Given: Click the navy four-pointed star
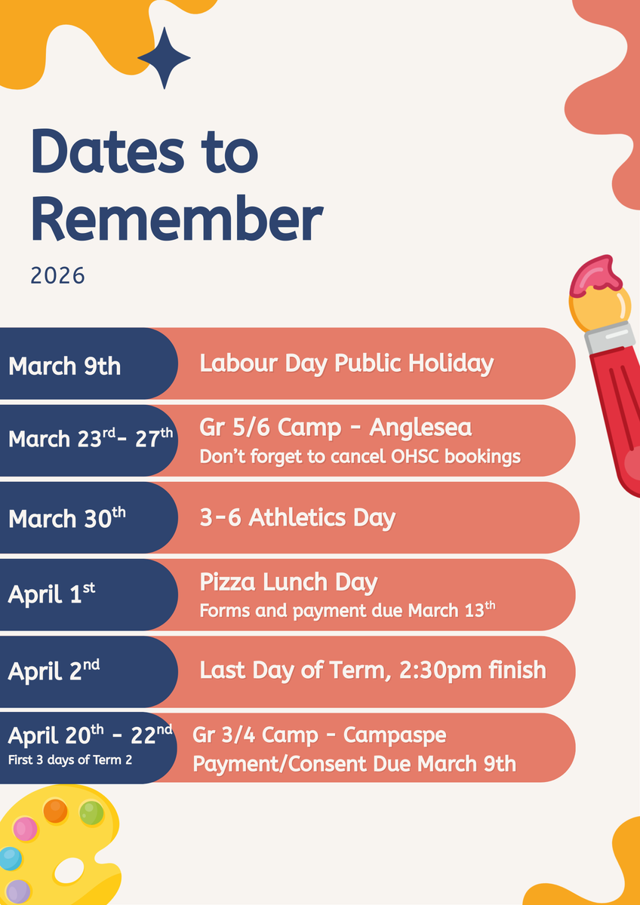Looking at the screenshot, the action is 164,58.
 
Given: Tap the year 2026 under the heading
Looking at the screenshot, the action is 58,276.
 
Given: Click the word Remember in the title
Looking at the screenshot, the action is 177,219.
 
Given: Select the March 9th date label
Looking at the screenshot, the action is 65,366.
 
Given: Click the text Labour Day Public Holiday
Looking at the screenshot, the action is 346,364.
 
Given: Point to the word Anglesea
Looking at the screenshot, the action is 420,428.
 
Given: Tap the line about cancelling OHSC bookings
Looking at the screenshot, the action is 360,456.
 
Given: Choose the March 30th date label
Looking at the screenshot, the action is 66,517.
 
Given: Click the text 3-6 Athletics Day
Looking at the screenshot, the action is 297,517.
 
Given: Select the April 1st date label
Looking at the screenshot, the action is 51,594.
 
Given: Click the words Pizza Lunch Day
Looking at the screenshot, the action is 288,582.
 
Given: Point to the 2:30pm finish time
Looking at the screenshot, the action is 472,670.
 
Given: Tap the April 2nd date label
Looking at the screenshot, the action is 54,671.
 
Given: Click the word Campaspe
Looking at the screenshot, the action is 395,735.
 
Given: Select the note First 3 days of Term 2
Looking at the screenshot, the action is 70,760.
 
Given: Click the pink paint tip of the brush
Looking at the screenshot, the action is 595,275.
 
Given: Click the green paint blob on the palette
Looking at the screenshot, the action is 91,813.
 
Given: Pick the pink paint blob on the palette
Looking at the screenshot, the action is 25,829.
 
